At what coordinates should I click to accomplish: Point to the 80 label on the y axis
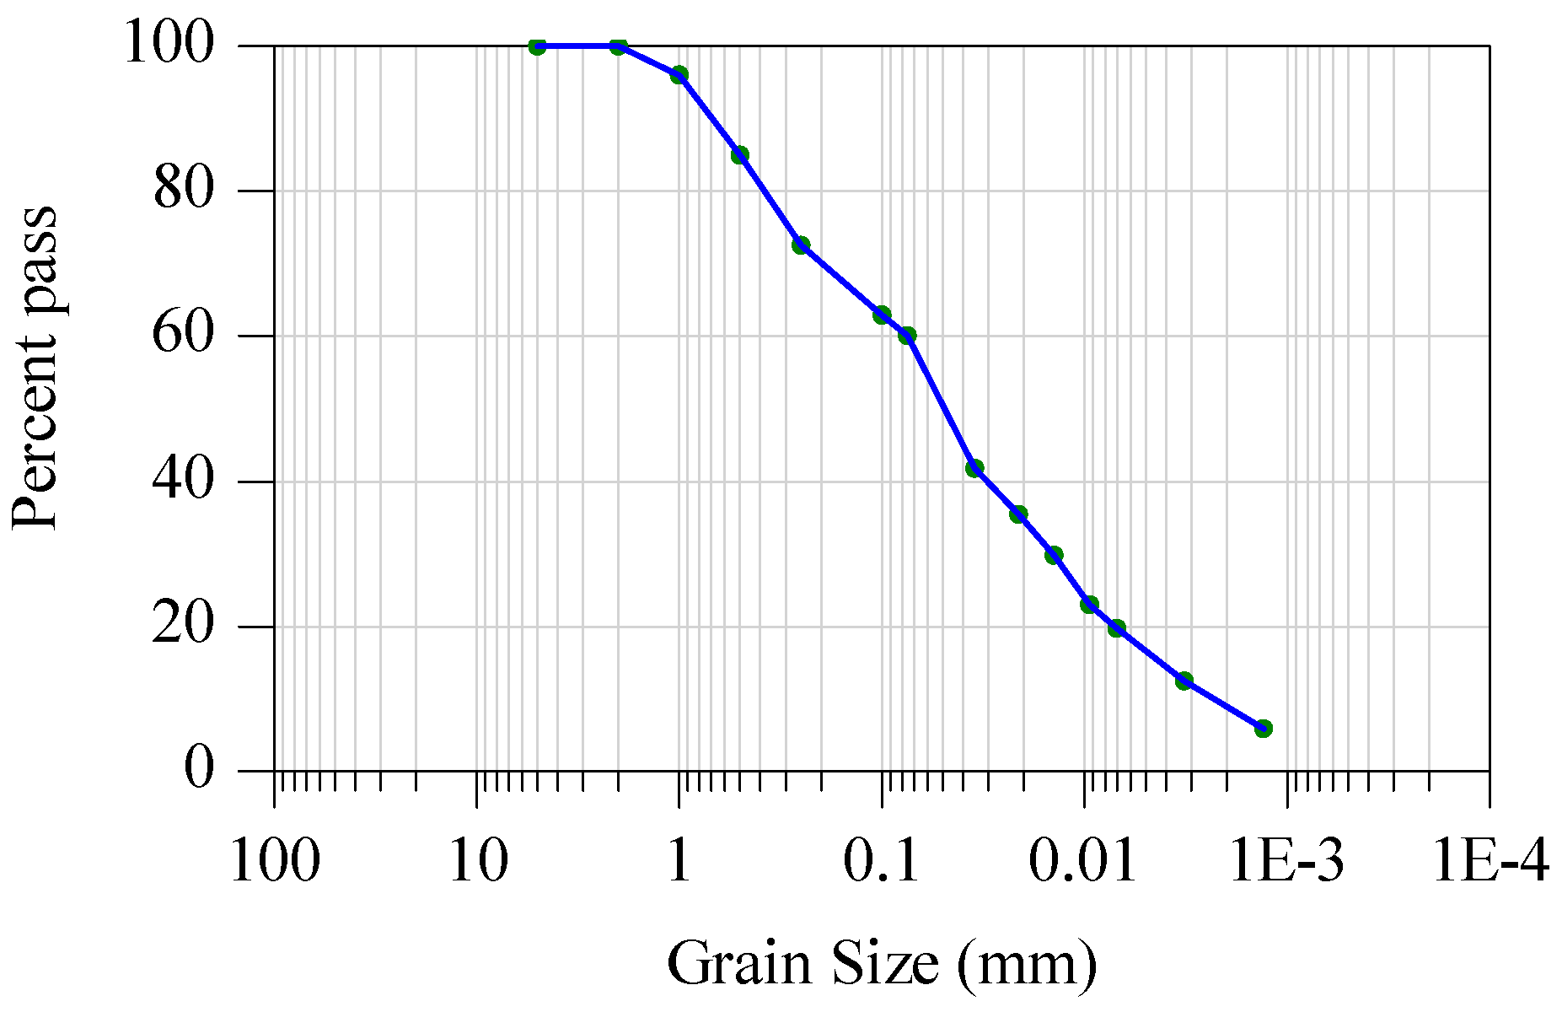[184, 190]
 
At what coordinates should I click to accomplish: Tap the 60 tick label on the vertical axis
[184, 335]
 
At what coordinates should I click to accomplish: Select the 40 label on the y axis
[184, 481]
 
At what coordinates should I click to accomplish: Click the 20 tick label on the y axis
[184, 626]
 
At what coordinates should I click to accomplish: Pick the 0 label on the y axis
[199, 770]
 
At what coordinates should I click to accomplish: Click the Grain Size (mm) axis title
[882, 962]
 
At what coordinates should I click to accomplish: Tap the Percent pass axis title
[35, 368]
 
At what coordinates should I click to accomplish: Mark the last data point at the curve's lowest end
[1263, 728]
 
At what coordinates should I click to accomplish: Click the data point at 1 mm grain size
[679, 74]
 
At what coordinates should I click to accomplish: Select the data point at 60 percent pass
[907, 336]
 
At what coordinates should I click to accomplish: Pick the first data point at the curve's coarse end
[537, 46]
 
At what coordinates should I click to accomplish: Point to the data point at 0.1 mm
[882, 315]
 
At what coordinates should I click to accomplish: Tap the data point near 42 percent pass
[974, 468]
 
